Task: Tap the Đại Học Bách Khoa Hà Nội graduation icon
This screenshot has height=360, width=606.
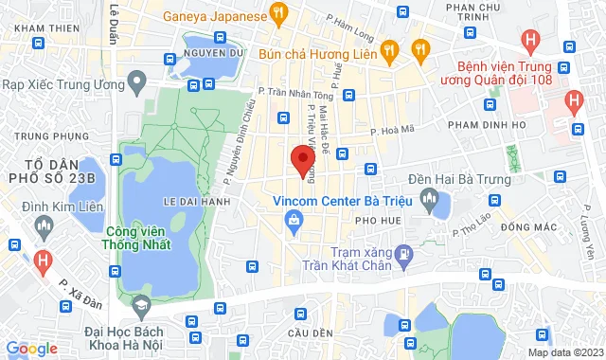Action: point(141,304)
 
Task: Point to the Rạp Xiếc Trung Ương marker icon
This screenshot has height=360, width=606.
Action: point(136,84)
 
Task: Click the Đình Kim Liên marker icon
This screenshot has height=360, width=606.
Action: point(43,225)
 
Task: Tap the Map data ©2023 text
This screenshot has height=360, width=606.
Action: point(565,352)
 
